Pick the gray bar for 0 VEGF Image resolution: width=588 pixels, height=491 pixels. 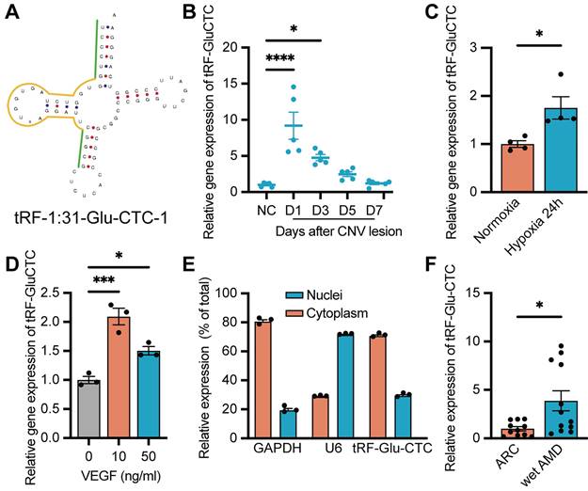(89, 410)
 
